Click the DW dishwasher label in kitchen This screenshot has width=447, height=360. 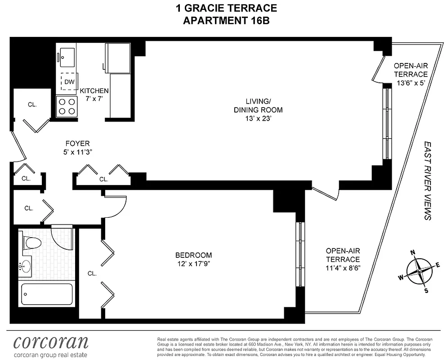[x=69, y=82]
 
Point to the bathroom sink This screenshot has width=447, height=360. [x=25, y=267]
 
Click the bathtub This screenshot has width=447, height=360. [x=47, y=295]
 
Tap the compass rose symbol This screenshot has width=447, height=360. [x=419, y=271]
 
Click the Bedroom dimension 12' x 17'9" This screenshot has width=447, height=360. [x=193, y=264]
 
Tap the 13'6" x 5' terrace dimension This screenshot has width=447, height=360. [x=411, y=83]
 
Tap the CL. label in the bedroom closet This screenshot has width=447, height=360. [x=92, y=273]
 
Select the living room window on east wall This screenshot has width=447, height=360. [x=386, y=122]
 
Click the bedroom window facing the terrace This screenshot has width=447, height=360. [x=300, y=254]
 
